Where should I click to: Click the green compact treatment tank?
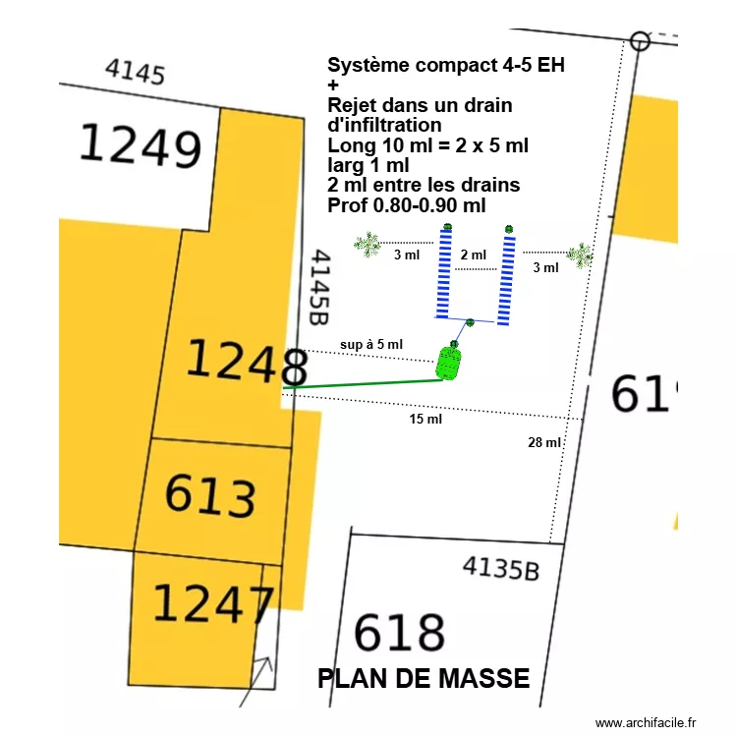tap(448, 363)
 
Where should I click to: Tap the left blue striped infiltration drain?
tap(445, 276)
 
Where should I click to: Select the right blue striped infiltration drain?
tap(507, 279)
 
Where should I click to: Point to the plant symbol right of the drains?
tap(580, 255)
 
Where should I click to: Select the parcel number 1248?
tap(247, 362)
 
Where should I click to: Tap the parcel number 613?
tap(210, 495)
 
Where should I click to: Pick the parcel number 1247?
tap(212, 603)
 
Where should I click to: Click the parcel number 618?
tap(399, 633)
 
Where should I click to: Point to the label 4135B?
tap(500, 569)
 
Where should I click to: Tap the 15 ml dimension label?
tap(425, 420)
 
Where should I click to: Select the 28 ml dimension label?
tap(544, 442)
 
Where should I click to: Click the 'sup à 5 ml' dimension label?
tap(371, 344)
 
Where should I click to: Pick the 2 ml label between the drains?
tap(474, 255)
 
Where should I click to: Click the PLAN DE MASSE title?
tap(424, 678)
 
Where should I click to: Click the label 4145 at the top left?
tap(135, 71)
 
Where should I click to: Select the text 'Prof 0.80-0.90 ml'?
tap(406, 204)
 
